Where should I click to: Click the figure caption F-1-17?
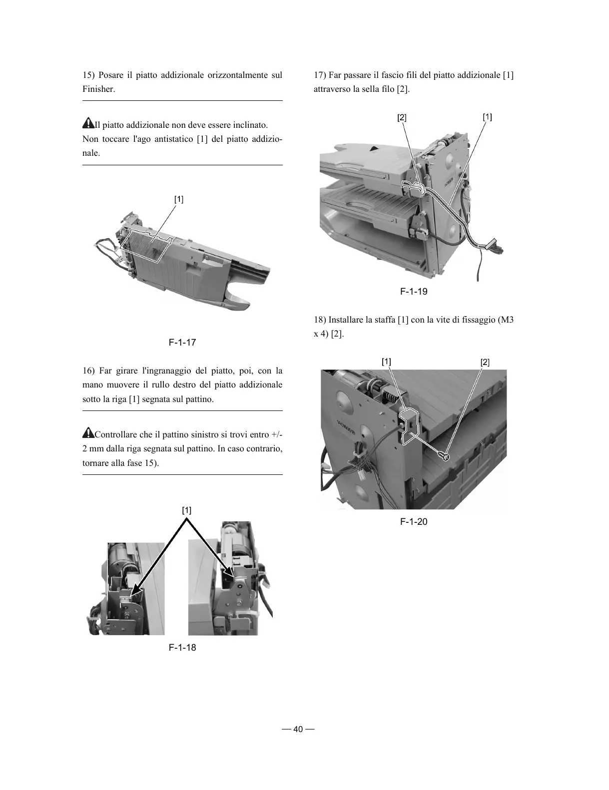tap(182, 343)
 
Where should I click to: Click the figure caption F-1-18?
tap(182, 647)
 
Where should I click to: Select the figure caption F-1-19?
tap(414, 291)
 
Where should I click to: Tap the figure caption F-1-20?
tap(414, 522)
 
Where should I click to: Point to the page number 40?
tap(298, 729)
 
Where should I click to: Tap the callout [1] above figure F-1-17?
tap(179, 199)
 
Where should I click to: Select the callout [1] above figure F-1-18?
tap(186, 510)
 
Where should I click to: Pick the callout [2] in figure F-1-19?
tap(402, 118)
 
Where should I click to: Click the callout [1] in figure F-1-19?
tap(487, 117)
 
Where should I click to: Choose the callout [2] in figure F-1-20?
tap(485, 363)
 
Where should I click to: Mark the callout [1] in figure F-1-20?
tap(386, 362)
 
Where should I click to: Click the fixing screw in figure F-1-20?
tap(443, 455)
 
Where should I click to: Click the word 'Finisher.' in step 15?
tap(99, 89)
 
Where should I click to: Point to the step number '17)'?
tap(320, 75)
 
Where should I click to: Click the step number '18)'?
tap(320, 320)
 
